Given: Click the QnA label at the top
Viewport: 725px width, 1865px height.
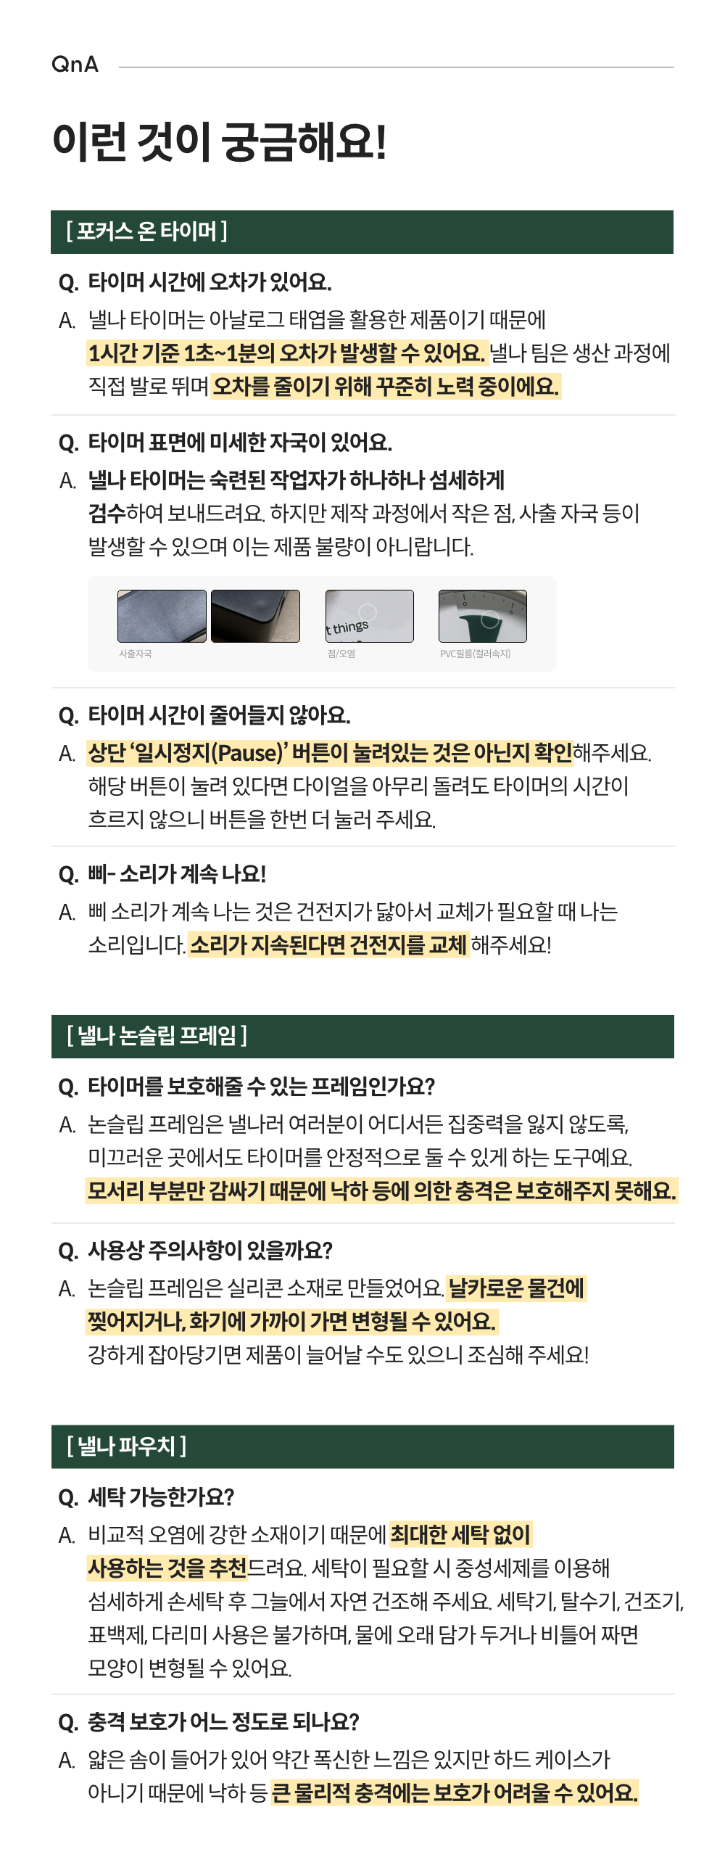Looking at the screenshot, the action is click(75, 65).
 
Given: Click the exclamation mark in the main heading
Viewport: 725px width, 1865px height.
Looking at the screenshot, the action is click(380, 141).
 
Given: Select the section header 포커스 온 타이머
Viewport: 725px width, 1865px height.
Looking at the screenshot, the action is click(146, 231).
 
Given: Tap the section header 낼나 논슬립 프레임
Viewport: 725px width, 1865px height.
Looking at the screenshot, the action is click(157, 1036).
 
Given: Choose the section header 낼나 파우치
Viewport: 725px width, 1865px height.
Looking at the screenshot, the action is click(126, 1446).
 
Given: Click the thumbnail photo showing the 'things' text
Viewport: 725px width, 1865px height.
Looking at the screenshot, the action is click(370, 616).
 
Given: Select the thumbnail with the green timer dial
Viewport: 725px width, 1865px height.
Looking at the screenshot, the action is click(483, 616).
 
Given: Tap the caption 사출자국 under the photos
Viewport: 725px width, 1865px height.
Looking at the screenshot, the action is click(136, 654).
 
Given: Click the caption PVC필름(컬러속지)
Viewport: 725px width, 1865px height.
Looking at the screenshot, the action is click(475, 654).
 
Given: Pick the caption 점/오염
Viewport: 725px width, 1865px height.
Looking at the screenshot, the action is click(341, 654).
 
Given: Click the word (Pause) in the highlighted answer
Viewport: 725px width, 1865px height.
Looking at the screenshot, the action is click(246, 753).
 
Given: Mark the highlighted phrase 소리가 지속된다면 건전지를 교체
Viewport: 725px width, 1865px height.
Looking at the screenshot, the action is click(328, 945).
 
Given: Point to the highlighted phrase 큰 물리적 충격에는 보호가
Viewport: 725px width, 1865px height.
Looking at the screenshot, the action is click(381, 1793).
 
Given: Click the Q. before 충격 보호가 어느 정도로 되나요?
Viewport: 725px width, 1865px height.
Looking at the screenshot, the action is click(69, 1723).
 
